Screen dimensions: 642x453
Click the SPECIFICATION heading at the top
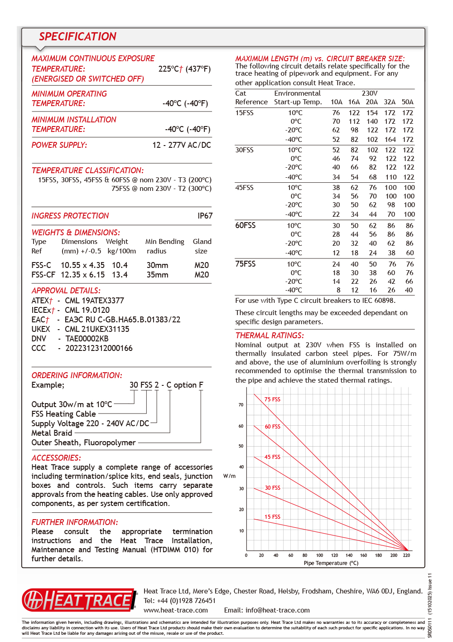tap(77, 37)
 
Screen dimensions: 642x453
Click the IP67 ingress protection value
tap(205, 216)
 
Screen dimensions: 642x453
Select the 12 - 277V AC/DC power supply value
tap(181, 145)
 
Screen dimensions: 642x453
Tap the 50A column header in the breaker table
tap(407, 102)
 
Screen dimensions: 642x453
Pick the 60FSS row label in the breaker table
tap(245, 225)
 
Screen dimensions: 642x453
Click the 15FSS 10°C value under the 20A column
tap(372, 113)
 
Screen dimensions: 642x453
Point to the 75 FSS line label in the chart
tap(272, 399)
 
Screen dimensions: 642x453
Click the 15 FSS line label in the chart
tap(272, 517)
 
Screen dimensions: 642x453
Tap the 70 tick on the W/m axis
tap(241, 405)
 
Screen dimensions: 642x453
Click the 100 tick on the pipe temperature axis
tap(319, 555)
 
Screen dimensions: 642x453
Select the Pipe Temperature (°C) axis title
tap(331, 563)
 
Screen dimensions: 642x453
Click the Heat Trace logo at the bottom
tap(79, 600)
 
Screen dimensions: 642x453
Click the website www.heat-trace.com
tap(176, 610)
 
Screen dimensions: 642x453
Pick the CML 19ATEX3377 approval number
tap(94, 301)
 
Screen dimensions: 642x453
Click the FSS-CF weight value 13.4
tap(120, 275)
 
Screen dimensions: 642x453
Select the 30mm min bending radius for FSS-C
tap(157, 265)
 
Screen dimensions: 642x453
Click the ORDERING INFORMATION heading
tap(77, 375)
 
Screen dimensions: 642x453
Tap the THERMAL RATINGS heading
tap(270, 336)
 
